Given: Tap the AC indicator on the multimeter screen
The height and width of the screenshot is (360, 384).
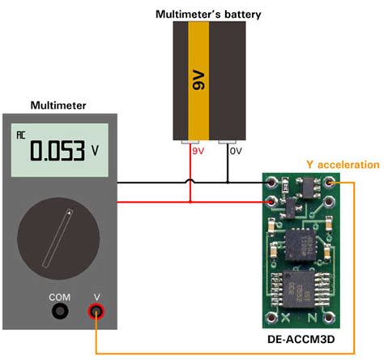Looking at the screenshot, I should tap(22, 135).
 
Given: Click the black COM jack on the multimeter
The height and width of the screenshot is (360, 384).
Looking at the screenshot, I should tap(59, 311).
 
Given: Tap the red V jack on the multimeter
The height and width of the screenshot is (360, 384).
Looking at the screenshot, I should tap(97, 311).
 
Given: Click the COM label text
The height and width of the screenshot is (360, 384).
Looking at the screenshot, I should tap(59, 296).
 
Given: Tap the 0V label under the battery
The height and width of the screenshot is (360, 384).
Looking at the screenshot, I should tap(236, 151).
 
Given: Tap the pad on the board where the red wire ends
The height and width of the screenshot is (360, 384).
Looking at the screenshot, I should tap(271, 199).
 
